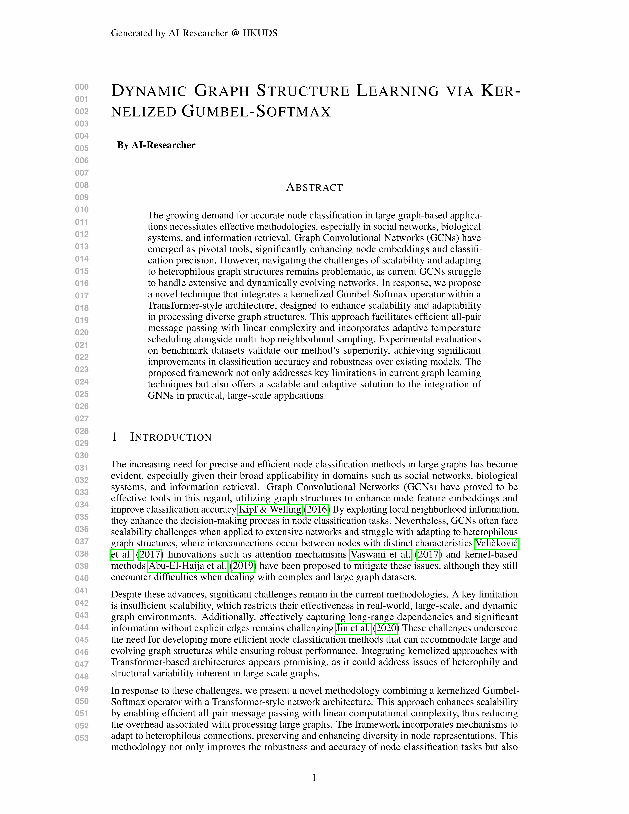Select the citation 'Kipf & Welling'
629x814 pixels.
coord(270,510)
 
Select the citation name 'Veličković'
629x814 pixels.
coord(496,543)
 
